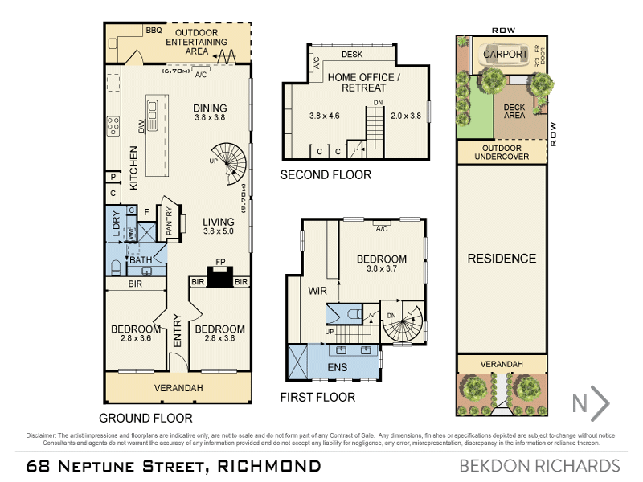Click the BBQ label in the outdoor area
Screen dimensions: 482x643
(154, 30)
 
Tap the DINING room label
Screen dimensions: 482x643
(211, 108)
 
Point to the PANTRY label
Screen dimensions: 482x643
(170, 222)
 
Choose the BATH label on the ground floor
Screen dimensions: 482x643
(141, 260)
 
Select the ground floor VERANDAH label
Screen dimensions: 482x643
(178, 388)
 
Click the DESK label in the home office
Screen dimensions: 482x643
(352, 55)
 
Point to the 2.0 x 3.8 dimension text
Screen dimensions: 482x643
(404, 116)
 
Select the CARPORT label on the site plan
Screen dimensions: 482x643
(505, 55)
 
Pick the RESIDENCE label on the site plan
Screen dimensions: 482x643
(502, 258)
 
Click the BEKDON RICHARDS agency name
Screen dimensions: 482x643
(539, 466)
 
